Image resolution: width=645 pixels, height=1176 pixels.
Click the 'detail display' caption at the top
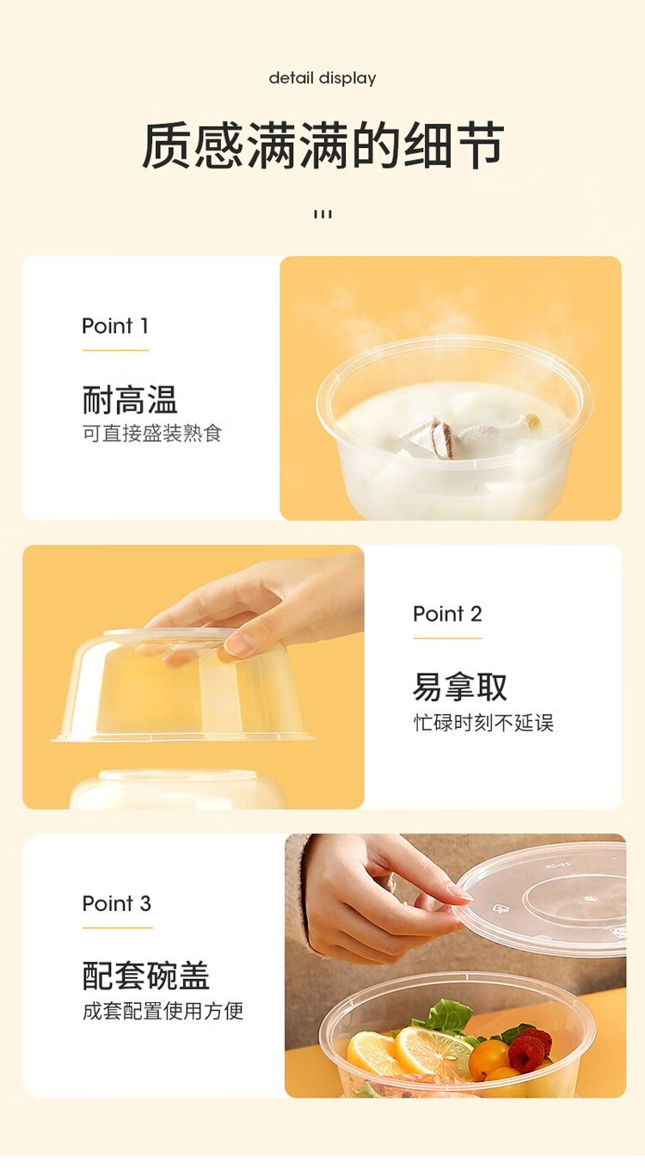click(322, 79)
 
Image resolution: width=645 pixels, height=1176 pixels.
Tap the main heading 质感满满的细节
click(322, 145)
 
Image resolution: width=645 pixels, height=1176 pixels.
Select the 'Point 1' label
click(115, 326)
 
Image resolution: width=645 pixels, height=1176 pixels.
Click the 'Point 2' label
click(447, 613)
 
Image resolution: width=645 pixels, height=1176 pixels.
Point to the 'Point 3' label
click(116, 903)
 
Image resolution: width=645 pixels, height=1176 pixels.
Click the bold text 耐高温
click(130, 400)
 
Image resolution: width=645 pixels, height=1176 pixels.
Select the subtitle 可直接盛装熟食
click(152, 434)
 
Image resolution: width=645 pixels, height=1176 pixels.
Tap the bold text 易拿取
click(460, 687)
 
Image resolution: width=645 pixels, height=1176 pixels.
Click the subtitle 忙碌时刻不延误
click(483, 723)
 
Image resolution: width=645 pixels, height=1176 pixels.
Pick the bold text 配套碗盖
click(146, 976)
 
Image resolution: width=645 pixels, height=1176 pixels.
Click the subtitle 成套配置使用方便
click(163, 1011)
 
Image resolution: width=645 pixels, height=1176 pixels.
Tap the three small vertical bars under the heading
click(322, 214)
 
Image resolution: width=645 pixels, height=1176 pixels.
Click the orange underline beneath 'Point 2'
click(448, 638)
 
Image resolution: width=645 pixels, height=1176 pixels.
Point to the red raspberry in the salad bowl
click(530, 1046)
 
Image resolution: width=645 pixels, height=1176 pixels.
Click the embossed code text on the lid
click(557, 865)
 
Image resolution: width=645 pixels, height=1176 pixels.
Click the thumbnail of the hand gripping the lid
click(456, 966)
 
